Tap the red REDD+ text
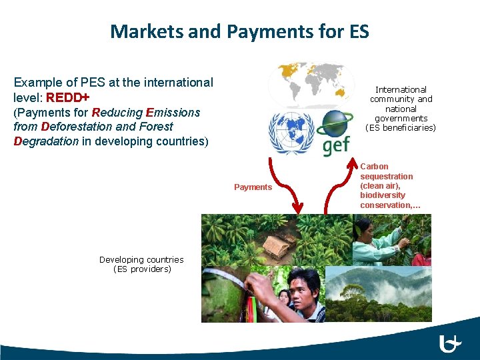coord(68,97)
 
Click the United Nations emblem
coord(291,133)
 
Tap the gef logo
coord(336,134)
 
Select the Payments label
coord(253,187)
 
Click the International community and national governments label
coord(401,108)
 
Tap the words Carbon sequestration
coord(386,171)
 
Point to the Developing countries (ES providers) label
coord(142,264)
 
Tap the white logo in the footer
coord(451,345)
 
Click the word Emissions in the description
coord(173,112)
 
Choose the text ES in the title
coord(355,31)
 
